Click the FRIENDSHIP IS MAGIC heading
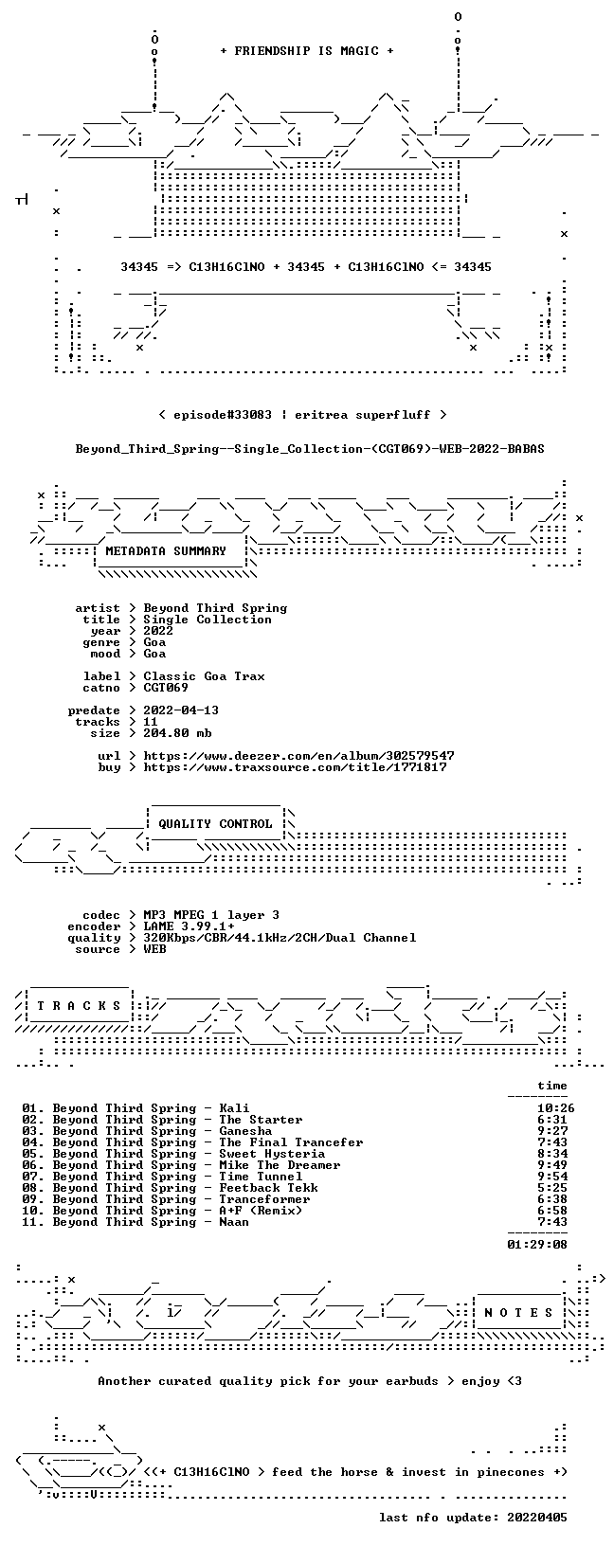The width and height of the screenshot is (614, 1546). click(307, 51)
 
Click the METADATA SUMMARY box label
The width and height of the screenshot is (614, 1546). click(166, 550)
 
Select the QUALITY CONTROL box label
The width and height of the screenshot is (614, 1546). click(215, 823)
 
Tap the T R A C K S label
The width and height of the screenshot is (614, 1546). click(80, 1006)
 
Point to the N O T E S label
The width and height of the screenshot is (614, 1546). click(518, 1312)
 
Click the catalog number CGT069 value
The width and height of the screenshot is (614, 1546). click(166, 688)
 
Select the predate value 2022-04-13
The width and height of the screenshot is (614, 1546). click(181, 710)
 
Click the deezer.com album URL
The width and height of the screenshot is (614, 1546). click(299, 756)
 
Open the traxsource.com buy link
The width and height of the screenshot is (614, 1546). click(295, 766)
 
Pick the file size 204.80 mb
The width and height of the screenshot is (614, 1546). click(177, 733)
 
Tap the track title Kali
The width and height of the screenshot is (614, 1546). click(234, 1108)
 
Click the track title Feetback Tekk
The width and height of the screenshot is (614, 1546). click(269, 1188)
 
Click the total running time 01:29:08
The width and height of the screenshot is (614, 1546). click(537, 1245)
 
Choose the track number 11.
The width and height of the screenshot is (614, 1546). click(31, 1222)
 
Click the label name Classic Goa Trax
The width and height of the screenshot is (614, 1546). click(204, 676)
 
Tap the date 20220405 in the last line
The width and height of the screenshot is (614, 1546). click(537, 1517)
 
